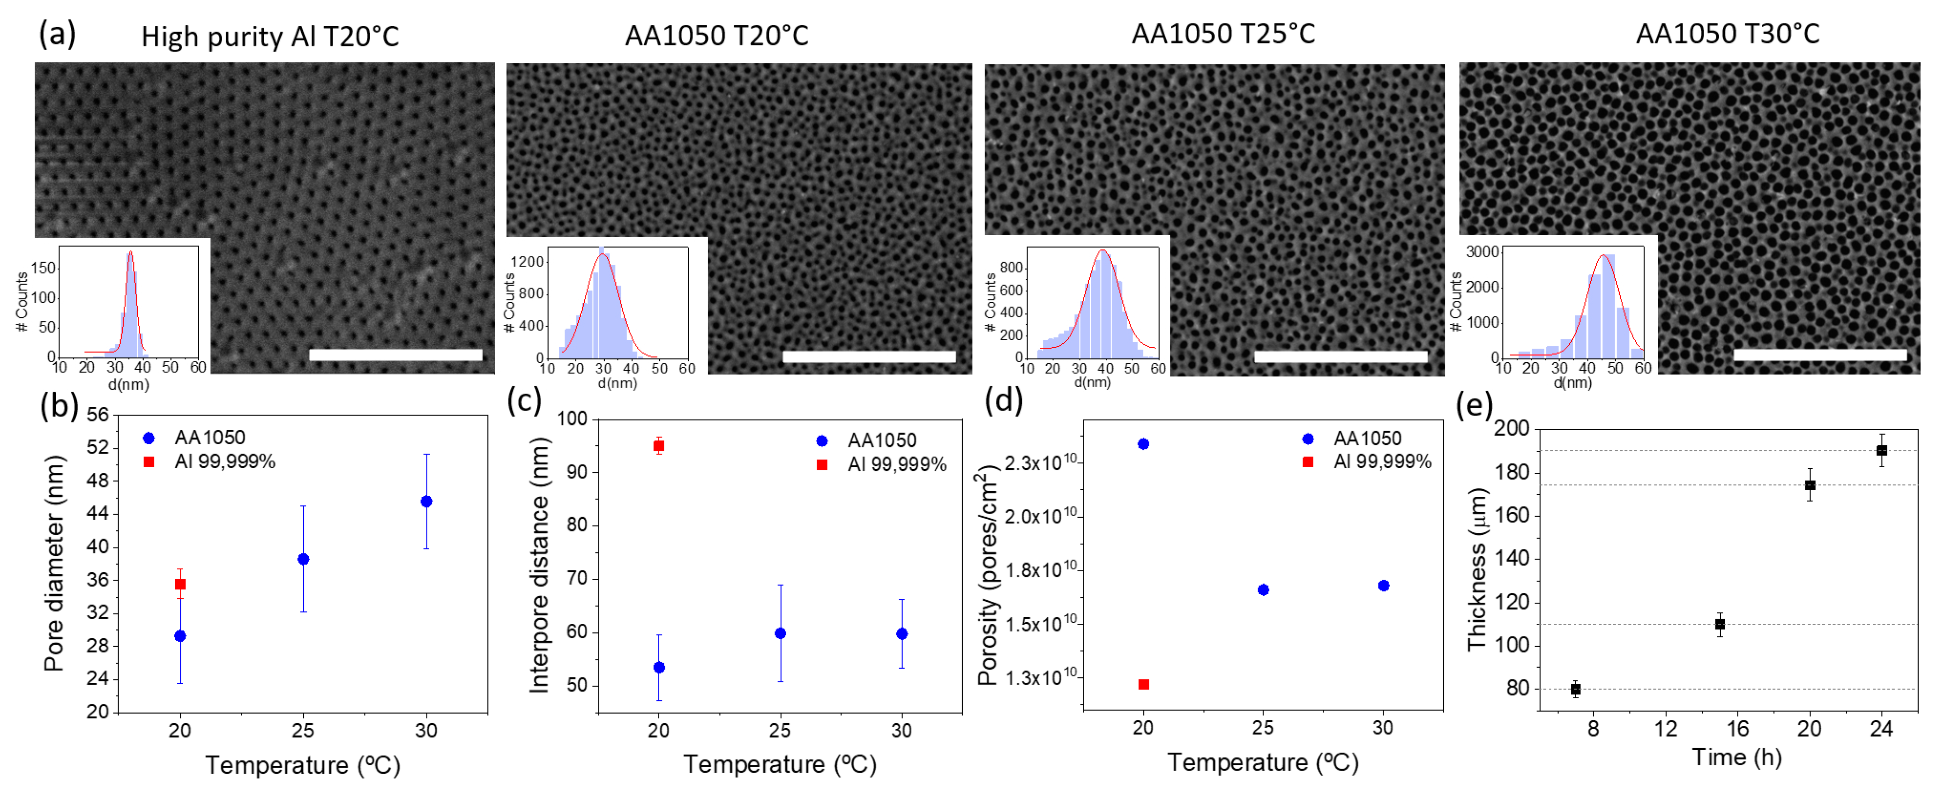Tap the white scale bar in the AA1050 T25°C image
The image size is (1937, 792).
pos(1340,356)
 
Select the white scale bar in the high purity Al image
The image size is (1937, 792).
pos(395,354)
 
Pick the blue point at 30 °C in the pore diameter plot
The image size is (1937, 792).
pos(426,501)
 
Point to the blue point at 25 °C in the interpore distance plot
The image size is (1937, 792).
pos(781,633)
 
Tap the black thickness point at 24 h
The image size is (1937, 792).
pos(1881,450)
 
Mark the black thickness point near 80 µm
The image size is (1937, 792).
pos(1575,689)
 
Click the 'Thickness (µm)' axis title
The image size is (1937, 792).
pos(1477,568)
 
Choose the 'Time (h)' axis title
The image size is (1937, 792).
pos(1736,757)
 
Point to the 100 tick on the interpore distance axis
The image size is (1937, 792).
pos(573,419)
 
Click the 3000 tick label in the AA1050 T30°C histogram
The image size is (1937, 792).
pos(1482,252)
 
